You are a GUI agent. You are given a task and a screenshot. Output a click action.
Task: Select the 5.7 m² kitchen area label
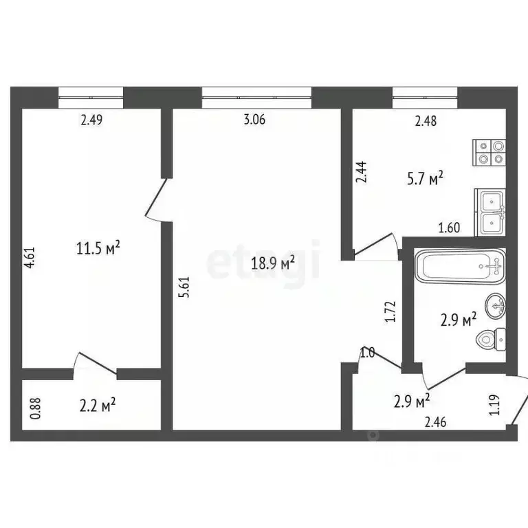[424, 179]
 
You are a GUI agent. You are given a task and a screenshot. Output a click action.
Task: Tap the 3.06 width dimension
[254, 120]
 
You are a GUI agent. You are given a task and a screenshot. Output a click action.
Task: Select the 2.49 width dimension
[91, 120]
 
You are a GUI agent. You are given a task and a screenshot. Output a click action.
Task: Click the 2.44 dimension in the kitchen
[360, 171]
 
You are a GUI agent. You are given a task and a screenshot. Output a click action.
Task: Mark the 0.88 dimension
[36, 410]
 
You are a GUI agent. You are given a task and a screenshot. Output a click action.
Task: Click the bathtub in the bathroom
[460, 266]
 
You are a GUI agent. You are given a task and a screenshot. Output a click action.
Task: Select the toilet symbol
[492, 340]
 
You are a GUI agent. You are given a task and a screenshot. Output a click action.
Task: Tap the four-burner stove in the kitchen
[489, 153]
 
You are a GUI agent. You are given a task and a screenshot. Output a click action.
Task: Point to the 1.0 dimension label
[367, 353]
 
